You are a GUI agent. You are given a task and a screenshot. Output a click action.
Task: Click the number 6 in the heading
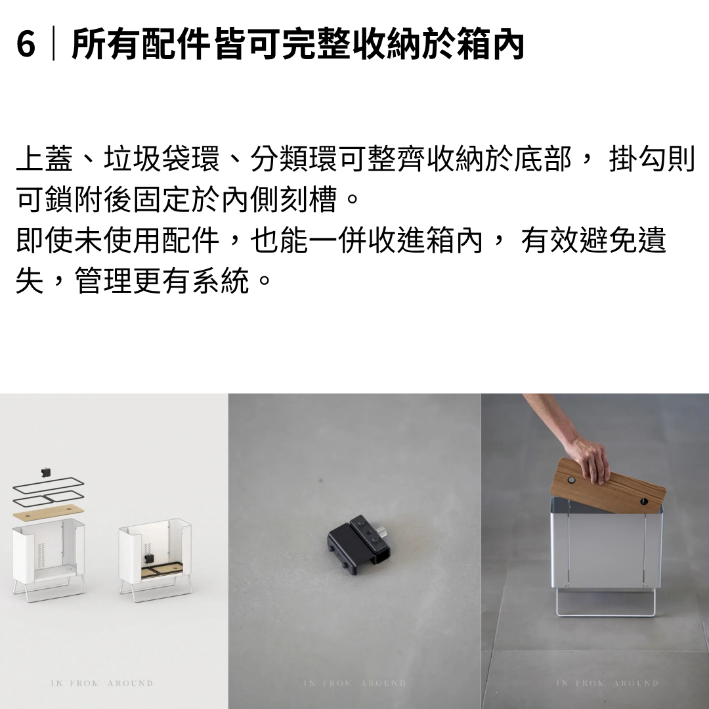point(26,45)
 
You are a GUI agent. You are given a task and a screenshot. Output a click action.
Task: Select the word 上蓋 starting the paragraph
point(45,159)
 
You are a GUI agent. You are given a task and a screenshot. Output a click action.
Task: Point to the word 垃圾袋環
point(161,159)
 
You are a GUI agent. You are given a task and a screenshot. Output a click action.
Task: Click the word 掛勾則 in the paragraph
point(652,159)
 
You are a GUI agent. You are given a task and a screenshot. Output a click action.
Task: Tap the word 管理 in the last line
point(103,280)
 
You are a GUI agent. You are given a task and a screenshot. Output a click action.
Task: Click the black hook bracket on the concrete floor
point(358,540)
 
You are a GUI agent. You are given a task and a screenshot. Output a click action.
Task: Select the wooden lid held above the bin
point(607,486)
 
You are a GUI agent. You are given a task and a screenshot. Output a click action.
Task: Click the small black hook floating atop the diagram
point(45,473)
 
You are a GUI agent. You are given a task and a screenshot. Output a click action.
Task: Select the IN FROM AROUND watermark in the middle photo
point(354,683)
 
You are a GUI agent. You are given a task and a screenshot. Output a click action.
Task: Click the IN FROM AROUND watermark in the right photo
point(607,683)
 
